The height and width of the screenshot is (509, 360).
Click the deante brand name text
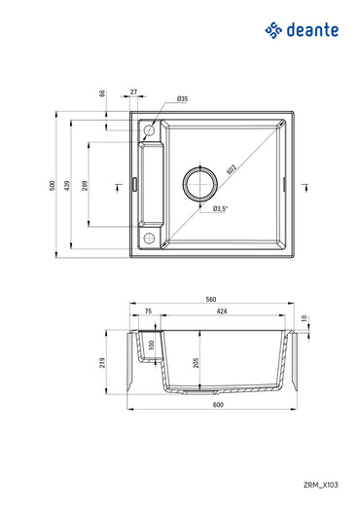311,31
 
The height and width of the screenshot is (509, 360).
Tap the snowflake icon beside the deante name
272,32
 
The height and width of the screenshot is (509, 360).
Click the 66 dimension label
101,93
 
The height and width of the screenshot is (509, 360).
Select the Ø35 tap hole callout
182,99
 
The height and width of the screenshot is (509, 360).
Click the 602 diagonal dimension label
232,166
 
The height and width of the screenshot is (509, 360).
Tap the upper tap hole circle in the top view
149,129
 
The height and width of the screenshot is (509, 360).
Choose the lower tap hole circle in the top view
149,236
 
